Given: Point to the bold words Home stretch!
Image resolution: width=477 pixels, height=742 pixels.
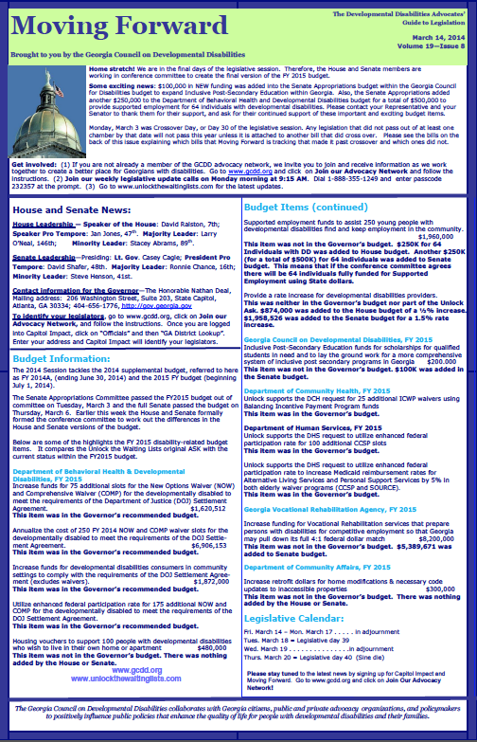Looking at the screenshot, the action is [111, 70].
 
